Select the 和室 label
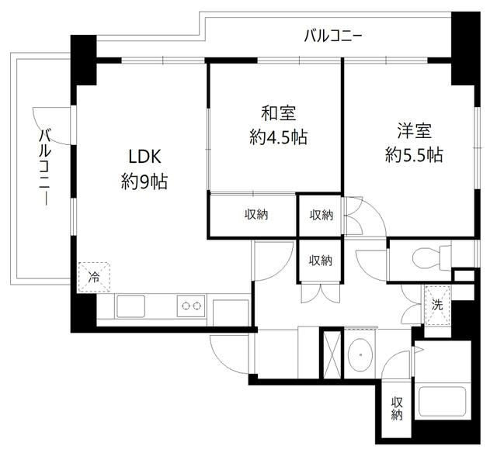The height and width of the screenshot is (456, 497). coord(276,114)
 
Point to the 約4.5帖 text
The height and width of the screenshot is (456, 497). coord(278,139)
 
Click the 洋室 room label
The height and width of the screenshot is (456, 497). coord(412,130)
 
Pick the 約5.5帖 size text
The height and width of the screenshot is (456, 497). coord(414,155)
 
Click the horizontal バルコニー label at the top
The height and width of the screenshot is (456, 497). coord(333,36)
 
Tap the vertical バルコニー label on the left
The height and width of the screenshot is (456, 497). coord(45,168)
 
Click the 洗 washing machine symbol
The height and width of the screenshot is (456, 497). coord(438,305)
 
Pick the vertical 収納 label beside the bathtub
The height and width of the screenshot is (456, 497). coord(397,409)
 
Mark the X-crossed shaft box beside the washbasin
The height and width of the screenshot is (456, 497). coord(331,353)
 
